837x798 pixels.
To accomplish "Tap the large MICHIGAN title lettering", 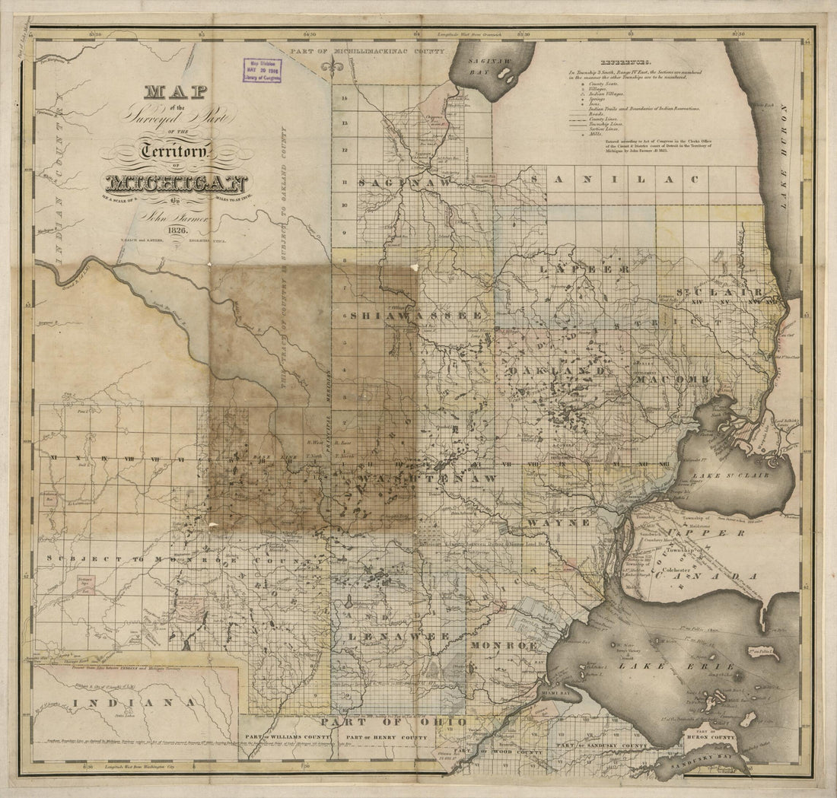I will click(177, 185).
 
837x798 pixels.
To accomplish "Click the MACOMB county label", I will click(676, 379).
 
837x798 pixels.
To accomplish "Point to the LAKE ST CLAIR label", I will click(724, 476).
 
